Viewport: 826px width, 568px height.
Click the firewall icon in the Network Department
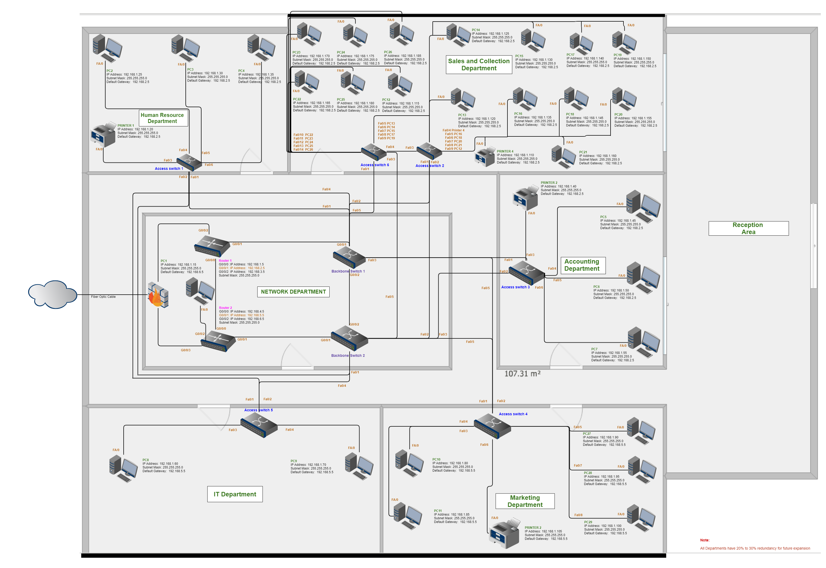(x=158, y=295)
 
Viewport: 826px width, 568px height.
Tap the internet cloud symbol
(x=52, y=294)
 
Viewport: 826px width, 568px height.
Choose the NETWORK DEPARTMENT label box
(x=293, y=292)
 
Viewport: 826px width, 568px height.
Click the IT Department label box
(x=235, y=494)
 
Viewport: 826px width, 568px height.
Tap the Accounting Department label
(x=582, y=265)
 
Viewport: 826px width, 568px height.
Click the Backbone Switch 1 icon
(x=349, y=257)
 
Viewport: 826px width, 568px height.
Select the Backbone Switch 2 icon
(x=349, y=337)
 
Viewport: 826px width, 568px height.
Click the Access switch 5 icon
(x=259, y=426)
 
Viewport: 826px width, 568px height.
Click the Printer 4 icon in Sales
(x=485, y=157)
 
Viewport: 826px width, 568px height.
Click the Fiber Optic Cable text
(x=103, y=297)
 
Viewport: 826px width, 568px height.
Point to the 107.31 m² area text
(x=522, y=374)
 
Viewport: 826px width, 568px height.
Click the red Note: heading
(x=704, y=540)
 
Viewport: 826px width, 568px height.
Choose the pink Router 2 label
(x=225, y=308)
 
